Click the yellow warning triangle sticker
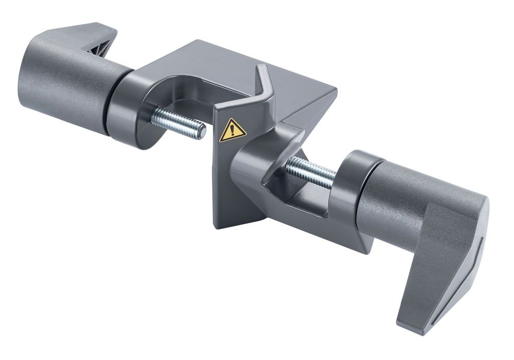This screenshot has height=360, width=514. click(x=232, y=130)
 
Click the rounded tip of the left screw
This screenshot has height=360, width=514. click(x=202, y=132)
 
